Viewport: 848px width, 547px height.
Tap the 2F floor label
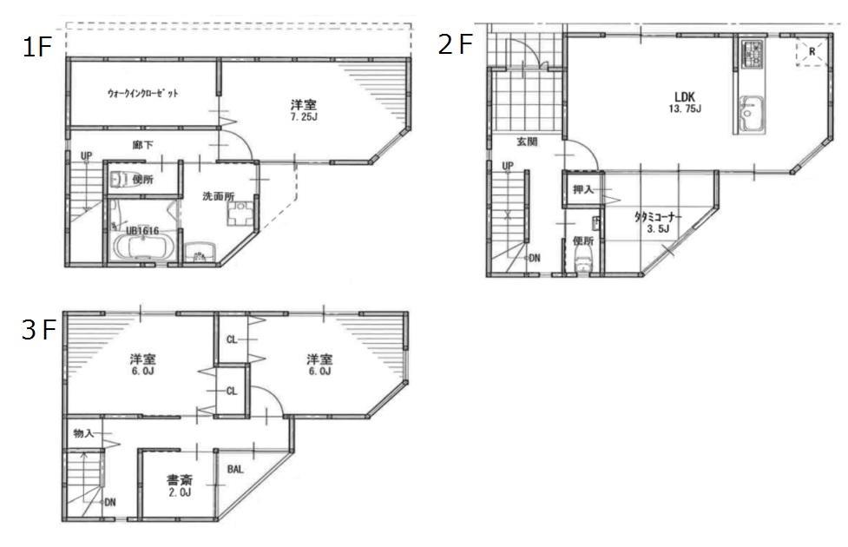click(x=457, y=43)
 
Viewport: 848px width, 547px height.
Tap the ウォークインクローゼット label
click(x=143, y=93)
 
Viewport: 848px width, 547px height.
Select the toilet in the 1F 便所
click(x=120, y=179)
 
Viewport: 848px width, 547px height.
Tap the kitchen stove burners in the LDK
click(x=751, y=56)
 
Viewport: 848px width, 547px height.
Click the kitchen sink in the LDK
click(x=749, y=113)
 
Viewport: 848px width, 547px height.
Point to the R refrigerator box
click(x=812, y=52)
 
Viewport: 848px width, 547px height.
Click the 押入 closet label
click(x=582, y=189)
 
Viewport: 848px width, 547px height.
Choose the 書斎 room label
click(x=180, y=478)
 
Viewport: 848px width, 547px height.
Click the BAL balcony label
click(x=235, y=470)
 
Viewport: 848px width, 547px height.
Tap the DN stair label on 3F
click(x=110, y=503)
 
